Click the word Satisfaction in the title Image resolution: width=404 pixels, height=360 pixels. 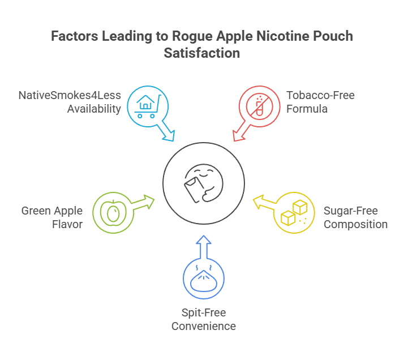point(202,53)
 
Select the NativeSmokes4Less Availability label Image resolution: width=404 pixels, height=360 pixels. point(70,102)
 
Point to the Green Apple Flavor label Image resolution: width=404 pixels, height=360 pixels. point(52,217)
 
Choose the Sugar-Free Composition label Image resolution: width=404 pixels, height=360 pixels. point(355,217)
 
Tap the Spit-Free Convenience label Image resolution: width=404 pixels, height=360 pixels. point(203,319)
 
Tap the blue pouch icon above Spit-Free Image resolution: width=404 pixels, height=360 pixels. point(203,278)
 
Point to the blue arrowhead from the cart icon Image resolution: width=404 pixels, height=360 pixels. point(168,135)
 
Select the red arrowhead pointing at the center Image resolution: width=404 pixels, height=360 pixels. point(238,135)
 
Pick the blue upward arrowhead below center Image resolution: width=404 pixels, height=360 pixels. point(203,242)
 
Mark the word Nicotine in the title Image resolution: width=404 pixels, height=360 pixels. point(276,37)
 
